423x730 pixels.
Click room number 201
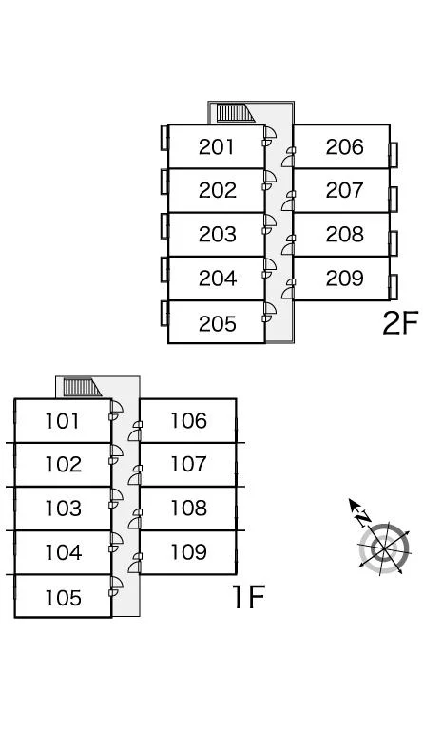click(217, 147)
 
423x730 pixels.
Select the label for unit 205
click(217, 323)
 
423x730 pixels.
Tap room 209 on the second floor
click(344, 279)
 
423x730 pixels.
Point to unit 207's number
click(344, 190)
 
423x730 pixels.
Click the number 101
click(62, 421)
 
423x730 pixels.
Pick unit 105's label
click(63, 598)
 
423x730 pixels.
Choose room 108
click(188, 509)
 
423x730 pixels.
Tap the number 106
click(188, 421)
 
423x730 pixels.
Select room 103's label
click(63, 509)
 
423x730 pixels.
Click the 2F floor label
click(400, 322)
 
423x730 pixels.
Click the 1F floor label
click(248, 597)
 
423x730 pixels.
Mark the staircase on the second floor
click(235, 113)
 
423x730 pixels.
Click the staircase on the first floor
click(82, 388)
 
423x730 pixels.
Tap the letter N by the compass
click(363, 518)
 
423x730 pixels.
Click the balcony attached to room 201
click(164, 137)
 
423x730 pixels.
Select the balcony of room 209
click(394, 287)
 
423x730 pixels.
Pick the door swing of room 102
click(115, 454)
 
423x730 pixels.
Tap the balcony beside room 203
click(164, 226)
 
